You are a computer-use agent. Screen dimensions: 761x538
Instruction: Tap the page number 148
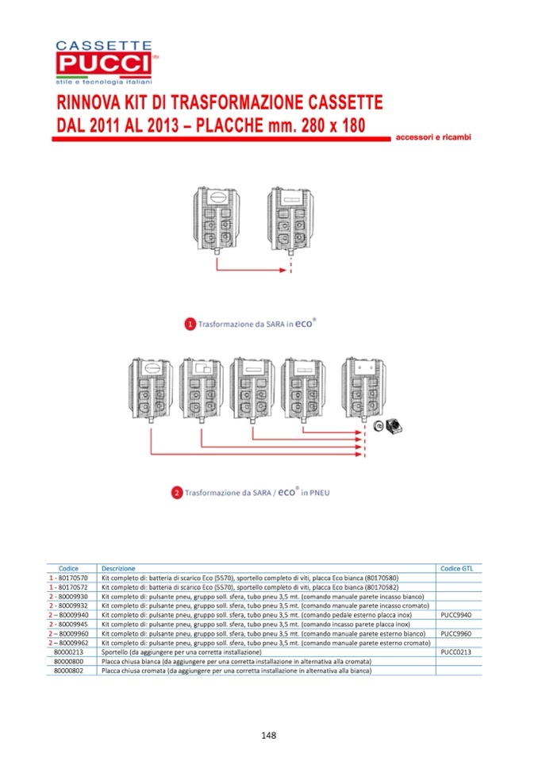tap(268, 736)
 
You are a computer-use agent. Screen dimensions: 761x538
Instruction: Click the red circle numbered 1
tap(190, 324)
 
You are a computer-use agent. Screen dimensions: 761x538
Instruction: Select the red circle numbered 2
tap(176, 494)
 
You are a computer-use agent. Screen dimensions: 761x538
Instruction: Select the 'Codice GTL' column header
tap(456, 568)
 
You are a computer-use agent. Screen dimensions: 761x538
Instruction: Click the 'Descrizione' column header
tap(118, 568)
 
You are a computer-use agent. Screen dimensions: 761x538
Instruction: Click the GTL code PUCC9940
tap(456, 615)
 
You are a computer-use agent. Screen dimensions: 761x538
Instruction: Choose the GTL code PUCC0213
tap(456, 651)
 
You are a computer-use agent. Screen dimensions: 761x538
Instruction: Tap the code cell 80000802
tap(69, 671)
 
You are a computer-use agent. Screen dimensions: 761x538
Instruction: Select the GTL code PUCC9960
tap(456, 633)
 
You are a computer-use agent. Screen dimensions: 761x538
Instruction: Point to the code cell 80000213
tap(69, 651)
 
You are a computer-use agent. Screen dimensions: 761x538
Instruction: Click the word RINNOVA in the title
tap(89, 103)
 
